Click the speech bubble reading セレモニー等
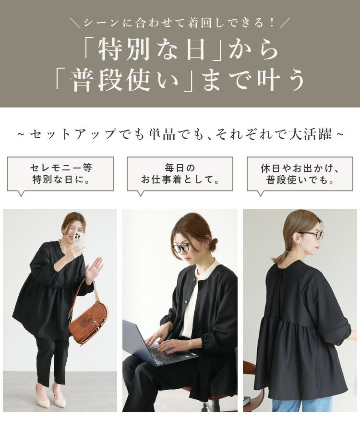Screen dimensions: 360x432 click(60, 174)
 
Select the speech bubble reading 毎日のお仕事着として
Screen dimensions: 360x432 click(180, 174)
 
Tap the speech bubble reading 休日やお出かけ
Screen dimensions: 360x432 click(300, 174)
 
